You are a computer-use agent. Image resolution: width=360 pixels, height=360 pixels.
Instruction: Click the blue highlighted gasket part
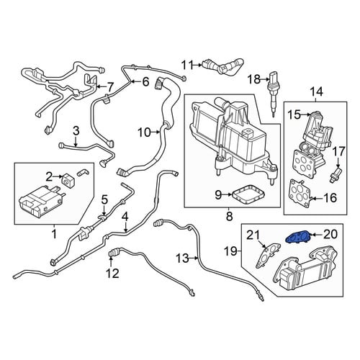pos(297,237)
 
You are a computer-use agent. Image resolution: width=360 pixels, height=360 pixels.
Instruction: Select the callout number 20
pos(329,234)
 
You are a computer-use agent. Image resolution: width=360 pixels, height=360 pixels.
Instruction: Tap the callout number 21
pos(253,235)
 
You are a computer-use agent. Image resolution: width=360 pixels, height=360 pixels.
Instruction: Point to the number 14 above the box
pos(316,92)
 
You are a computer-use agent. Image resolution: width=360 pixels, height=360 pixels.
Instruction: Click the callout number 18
pos(254,79)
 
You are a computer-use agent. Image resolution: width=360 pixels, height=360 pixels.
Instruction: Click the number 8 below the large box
pos(230,216)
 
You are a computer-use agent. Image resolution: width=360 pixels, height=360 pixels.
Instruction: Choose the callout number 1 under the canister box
pos(54,233)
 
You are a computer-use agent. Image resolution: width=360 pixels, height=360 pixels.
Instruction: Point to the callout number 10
pos(144,132)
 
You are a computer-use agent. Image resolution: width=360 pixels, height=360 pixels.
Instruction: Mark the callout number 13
pos(183,258)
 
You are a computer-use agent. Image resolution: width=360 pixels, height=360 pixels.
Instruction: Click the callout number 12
pos(112,273)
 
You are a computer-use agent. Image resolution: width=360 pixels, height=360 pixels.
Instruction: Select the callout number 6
pos(145,82)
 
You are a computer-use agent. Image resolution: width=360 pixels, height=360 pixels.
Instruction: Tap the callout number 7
pos(109,88)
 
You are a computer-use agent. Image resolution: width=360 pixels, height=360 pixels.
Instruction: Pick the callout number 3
pos(76,131)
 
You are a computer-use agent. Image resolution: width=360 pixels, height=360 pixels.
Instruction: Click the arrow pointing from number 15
pos(306,114)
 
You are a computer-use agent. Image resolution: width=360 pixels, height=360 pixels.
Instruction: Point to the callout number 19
pos(230,251)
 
